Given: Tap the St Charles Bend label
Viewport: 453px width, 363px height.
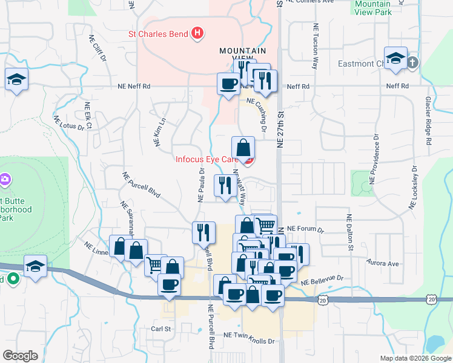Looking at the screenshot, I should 159,34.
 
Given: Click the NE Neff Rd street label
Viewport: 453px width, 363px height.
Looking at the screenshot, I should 134,87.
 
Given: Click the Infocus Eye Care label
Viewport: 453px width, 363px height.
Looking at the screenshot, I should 206,160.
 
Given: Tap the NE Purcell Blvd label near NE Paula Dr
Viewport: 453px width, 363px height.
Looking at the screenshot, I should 141,185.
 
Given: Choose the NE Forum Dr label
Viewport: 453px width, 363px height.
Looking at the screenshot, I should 306,229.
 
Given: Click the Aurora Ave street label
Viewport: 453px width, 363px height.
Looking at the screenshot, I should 383,263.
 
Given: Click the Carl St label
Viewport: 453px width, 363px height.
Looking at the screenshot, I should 162,330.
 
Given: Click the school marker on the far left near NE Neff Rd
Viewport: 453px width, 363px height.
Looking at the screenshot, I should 16,80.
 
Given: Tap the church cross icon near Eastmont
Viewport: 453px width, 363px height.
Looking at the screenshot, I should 412,62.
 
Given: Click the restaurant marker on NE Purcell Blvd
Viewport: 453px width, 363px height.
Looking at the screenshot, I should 203,232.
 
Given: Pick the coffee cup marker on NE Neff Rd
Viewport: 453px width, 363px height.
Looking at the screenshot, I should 229,83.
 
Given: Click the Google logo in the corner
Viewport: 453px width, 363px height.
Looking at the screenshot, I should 21,356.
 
